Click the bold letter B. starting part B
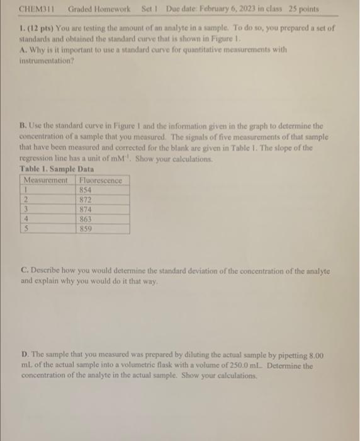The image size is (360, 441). coord(21,125)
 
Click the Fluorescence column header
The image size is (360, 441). coord(101,180)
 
